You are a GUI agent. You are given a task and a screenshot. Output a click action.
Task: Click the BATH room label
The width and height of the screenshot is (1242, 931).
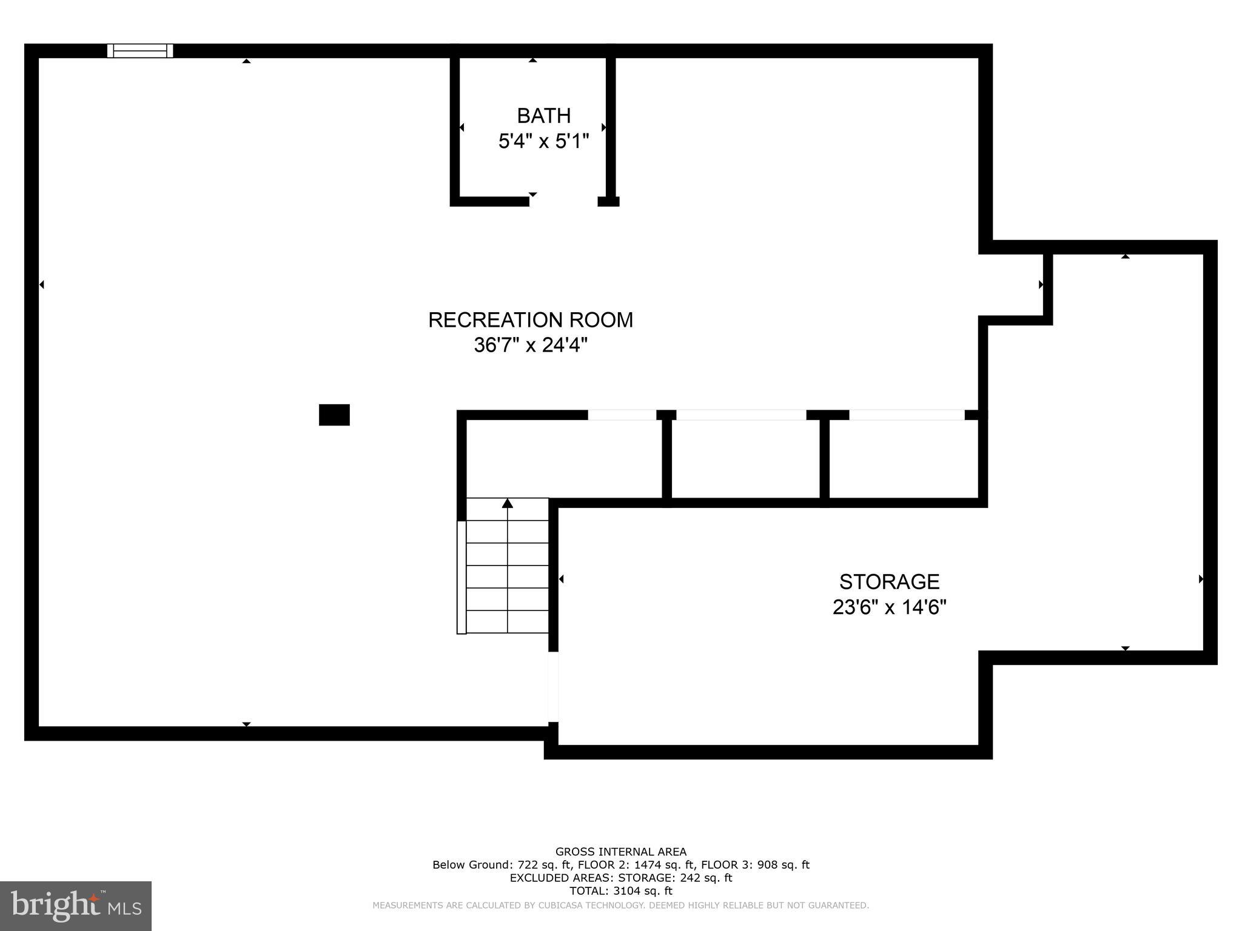(x=543, y=115)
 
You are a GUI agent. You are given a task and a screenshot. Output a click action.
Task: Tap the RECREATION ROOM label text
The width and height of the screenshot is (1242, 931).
(x=531, y=320)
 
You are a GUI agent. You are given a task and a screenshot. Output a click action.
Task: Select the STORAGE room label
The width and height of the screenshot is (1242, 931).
(x=889, y=582)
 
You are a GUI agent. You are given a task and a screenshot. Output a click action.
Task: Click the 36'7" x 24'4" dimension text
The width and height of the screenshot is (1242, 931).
(x=531, y=345)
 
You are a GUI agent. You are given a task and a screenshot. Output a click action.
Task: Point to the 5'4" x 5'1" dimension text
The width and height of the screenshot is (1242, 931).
(x=543, y=142)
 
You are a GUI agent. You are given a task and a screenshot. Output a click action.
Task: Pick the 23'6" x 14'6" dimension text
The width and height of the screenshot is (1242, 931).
(x=889, y=607)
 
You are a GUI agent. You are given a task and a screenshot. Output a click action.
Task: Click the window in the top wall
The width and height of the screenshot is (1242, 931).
(x=140, y=51)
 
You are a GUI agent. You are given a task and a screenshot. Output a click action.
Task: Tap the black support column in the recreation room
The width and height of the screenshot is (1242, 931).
(x=334, y=415)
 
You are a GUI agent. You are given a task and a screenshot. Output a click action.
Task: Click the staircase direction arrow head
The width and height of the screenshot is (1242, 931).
(x=508, y=503)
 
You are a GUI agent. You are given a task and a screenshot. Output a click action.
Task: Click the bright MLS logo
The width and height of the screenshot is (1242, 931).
(x=75, y=906)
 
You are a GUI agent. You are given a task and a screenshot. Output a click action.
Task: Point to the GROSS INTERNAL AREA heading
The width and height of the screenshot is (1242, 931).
(x=621, y=852)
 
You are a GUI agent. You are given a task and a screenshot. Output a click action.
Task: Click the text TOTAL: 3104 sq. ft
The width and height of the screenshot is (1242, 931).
(x=621, y=891)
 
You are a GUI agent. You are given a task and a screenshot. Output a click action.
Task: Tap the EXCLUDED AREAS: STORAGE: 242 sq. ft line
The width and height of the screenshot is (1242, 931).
(x=621, y=878)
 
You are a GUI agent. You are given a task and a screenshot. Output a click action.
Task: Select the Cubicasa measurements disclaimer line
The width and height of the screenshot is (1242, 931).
(x=621, y=906)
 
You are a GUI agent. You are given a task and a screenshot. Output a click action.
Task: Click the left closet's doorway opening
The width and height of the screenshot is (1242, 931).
(x=622, y=415)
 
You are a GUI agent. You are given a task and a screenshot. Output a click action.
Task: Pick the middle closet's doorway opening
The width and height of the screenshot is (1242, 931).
(x=741, y=415)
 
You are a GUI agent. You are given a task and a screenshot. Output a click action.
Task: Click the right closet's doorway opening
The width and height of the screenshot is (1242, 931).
(x=907, y=415)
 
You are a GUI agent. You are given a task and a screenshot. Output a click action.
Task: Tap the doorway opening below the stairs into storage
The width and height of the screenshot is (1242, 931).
(x=553, y=687)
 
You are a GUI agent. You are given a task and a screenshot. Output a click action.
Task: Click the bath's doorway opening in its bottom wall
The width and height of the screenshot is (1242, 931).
(x=563, y=201)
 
